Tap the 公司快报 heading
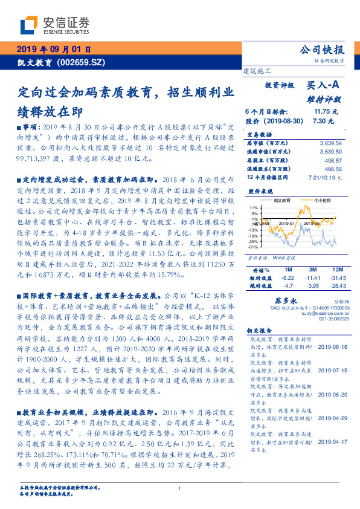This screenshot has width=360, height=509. pos(322,50)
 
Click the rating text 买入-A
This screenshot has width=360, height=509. pos(323,86)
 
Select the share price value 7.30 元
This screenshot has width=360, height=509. pos(323,121)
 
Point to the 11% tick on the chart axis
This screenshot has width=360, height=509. pos(254,207)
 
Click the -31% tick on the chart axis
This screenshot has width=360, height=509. pos(254,247)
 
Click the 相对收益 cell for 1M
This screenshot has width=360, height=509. pos(287,277)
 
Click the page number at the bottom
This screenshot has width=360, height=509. pos(180,488)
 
